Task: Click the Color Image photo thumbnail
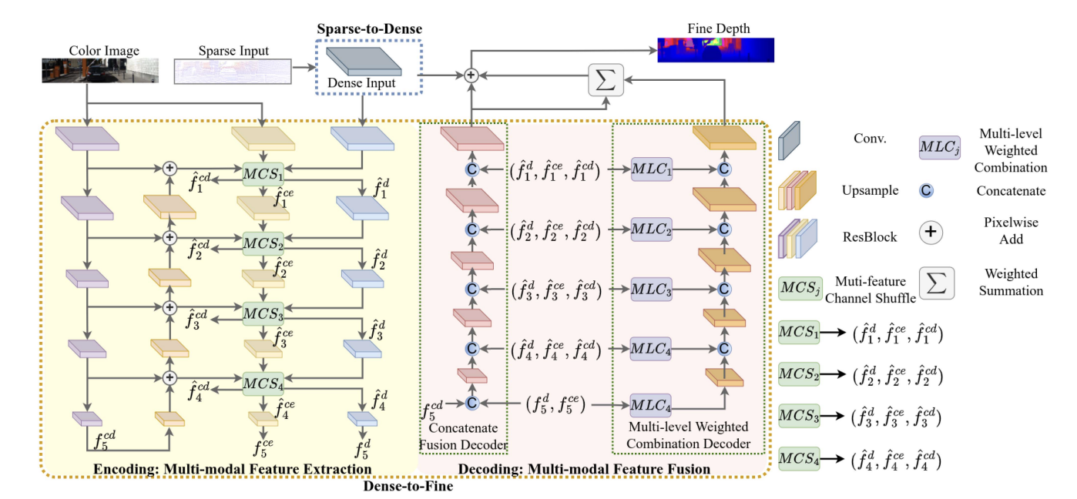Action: click(100, 70)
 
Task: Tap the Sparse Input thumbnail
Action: click(233, 72)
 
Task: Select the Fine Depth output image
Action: click(715, 49)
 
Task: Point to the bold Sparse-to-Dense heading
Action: click(369, 29)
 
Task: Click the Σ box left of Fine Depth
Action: click(605, 80)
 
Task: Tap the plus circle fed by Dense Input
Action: click(471, 75)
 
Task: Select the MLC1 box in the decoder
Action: click(653, 169)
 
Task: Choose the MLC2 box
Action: click(653, 229)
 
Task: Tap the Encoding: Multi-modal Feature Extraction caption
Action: click(233, 469)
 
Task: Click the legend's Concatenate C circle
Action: click(927, 191)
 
